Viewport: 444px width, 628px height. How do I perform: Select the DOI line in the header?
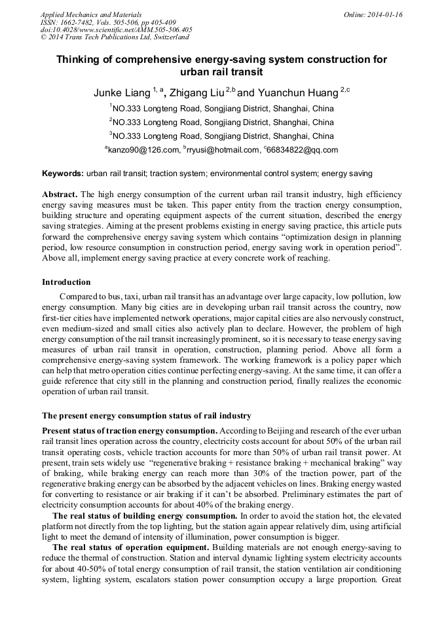pyautogui.click(x=116, y=30)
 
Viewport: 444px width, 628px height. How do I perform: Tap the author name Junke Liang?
pyautogui.click(x=122, y=94)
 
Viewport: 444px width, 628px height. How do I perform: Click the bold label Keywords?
pyautogui.click(x=63, y=174)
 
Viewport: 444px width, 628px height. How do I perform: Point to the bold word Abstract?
pyautogui.click(x=60, y=195)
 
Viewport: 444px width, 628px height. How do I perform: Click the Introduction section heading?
pyautogui.click(x=66, y=282)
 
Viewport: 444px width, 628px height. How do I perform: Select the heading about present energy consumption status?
pyautogui.click(x=146, y=416)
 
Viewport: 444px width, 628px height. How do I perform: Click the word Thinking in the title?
pyautogui.click(x=81, y=60)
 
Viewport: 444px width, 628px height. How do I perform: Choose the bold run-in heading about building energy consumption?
pyautogui.click(x=144, y=516)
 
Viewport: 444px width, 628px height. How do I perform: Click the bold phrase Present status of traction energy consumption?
pyautogui.click(x=130, y=430)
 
